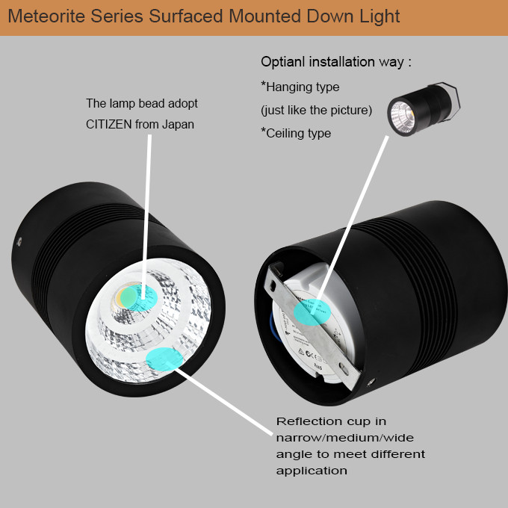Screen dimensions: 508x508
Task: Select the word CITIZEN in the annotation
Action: tap(109, 124)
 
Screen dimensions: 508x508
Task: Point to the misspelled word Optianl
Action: tap(281, 61)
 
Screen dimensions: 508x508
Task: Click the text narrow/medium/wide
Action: tap(344, 437)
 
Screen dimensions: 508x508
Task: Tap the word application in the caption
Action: tap(312, 471)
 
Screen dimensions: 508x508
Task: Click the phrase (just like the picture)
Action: tap(316, 111)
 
